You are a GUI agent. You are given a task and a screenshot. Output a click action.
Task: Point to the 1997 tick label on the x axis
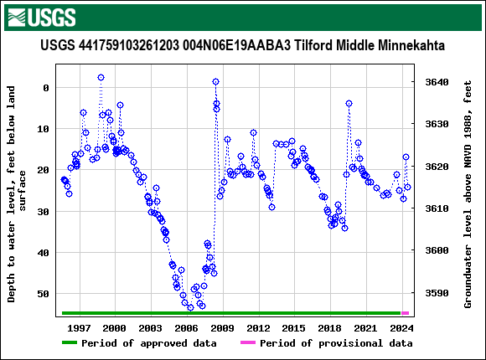pyautogui.click(x=79, y=327)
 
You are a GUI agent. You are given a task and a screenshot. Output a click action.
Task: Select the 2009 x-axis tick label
pyautogui.click(x=222, y=327)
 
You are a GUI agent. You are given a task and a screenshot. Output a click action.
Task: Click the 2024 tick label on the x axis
pyautogui.click(x=401, y=327)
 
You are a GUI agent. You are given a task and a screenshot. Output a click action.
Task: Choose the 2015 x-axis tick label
pyautogui.click(x=294, y=327)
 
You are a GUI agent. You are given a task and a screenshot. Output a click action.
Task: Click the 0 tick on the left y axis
pyautogui.click(x=45, y=88)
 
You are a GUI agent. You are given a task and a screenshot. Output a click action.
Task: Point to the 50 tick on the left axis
pyautogui.click(x=42, y=294)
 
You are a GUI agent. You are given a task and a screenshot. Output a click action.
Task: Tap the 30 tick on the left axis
pyautogui.click(x=42, y=212)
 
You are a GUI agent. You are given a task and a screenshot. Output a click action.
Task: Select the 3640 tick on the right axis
pyautogui.click(x=437, y=82)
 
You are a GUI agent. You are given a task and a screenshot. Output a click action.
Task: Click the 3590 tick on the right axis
pyautogui.click(x=437, y=294)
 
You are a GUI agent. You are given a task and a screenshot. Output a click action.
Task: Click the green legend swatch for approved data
pyautogui.click(x=69, y=343)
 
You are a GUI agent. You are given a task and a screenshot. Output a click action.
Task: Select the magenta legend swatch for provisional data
pyautogui.click(x=247, y=343)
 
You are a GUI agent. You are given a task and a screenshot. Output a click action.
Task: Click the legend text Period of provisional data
pyautogui.click(x=335, y=343)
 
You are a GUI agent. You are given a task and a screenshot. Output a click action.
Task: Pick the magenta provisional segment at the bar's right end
pyautogui.click(x=406, y=313)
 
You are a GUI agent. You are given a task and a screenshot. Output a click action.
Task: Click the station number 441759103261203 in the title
pyautogui.click(x=124, y=45)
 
